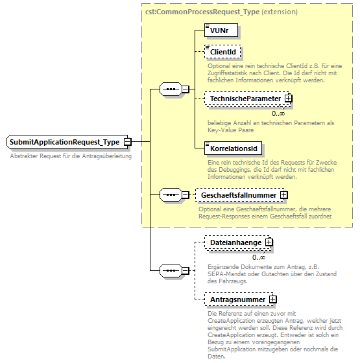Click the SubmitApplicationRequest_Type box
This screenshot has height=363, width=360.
click(x=64, y=142)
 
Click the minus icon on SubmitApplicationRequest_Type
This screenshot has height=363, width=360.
click(x=128, y=142)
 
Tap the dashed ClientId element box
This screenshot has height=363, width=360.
click(x=222, y=51)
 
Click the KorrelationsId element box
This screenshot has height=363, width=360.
click(x=234, y=148)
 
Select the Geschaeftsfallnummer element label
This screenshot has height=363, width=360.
click(x=238, y=194)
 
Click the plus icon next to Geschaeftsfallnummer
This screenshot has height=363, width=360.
click(x=283, y=194)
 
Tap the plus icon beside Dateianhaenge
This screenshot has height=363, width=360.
click(x=269, y=242)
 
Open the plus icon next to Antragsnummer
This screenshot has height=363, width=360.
click(x=272, y=299)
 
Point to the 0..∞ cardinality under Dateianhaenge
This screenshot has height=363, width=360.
click(x=259, y=257)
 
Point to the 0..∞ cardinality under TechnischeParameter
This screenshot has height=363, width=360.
click(x=279, y=113)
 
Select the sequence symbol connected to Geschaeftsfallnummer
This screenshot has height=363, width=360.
click(x=170, y=194)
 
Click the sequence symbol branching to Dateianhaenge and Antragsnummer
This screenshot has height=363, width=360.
click(x=170, y=270)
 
